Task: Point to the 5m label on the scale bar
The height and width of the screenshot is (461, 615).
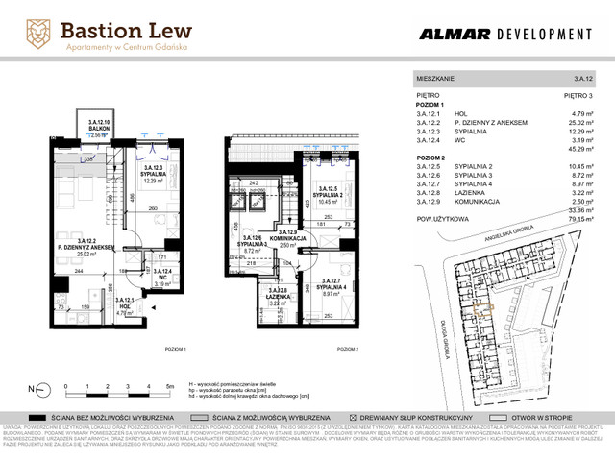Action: (169, 383)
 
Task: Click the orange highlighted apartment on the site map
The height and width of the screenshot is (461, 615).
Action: (489, 308)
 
